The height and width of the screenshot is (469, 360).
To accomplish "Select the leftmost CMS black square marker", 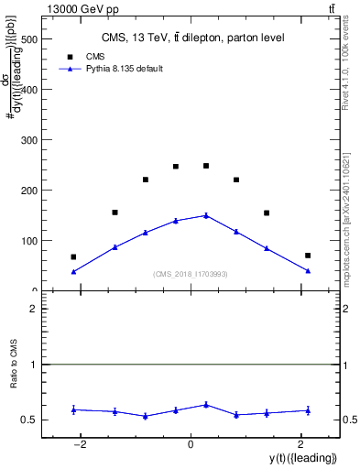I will click(x=73, y=257).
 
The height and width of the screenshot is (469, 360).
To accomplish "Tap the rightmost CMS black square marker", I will click(x=308, y=256).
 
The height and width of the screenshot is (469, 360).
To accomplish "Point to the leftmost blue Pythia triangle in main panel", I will click(x=73, y=271).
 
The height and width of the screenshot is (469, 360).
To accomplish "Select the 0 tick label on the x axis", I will click(x=191, y=444).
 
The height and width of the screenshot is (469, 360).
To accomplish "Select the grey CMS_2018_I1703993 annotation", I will click(x=190, y=274).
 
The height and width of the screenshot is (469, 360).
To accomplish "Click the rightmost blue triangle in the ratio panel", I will click(x=308, y=410).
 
